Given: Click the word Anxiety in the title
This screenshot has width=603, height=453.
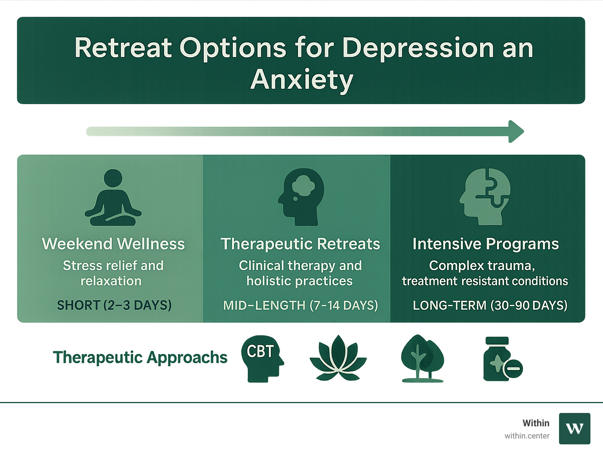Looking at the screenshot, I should pyautogui.click(x=301, y=80).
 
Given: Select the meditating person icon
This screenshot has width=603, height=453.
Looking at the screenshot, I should pyautogui.click(x=113, y=198).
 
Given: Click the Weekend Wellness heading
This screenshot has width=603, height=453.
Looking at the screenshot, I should pyautogui.click(x=113, y=244).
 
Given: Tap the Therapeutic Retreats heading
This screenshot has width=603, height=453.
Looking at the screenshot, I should pyautogui.click(x=300, y=244).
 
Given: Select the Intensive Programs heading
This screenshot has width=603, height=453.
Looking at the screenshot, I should pyautogui.click(x=486, y=244).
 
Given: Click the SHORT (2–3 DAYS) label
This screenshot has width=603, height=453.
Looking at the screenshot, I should pyautogui.click(x=114, y=305).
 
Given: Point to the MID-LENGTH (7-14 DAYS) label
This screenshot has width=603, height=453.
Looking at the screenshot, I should pyautogui.click(x=300, y=305).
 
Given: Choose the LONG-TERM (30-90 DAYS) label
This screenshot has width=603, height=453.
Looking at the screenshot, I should pyautogui.click(x=490, y=305).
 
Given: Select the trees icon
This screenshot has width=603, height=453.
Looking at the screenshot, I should pyautogui.click(x=422, y=358).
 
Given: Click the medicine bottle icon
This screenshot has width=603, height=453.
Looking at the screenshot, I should pyautogui.click(x=501, y=359).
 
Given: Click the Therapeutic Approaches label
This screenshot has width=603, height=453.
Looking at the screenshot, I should pyautogui.click(x=140, y=358).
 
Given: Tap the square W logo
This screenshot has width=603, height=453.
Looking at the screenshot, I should pyautogui.click(x=574, y=428).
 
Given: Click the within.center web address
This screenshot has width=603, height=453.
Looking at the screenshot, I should pyautogui.click(x=527, y=436).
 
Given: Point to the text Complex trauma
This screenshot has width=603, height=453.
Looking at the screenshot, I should pyautogui.click(x=482, y=266).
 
